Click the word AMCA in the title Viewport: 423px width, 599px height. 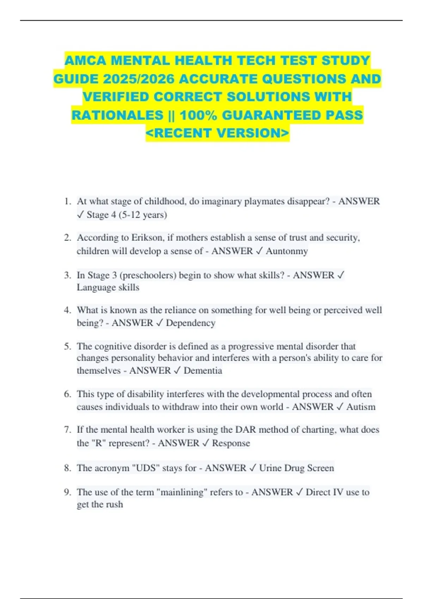85,61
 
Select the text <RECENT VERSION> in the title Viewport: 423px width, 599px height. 217,133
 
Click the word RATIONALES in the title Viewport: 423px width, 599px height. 117,115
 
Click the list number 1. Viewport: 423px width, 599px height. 67,202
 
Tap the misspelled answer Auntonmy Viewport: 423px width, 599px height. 287,251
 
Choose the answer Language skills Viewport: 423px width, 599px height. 108,288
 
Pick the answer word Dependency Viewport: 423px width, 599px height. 190,323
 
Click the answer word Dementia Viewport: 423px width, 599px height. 203,371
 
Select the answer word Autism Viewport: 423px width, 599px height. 361,407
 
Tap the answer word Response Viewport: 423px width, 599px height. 231,443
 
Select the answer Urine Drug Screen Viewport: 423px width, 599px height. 296,468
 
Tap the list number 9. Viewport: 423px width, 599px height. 67,492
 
